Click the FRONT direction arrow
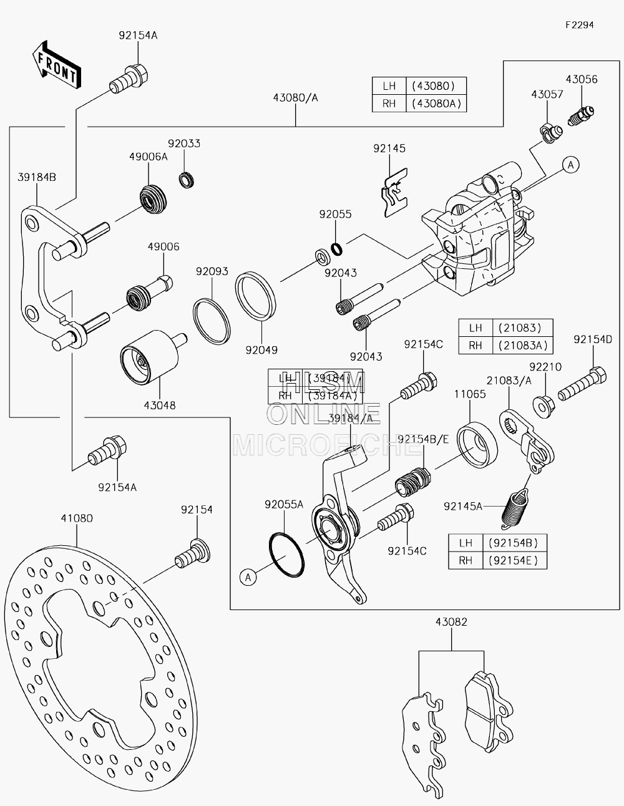coord(57,65)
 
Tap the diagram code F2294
coord(580,25)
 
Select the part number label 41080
coord(77,518)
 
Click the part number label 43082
coord(452,621)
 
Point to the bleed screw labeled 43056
coord(581,116)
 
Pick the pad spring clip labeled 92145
coord(395,193)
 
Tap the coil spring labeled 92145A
coord(514,509)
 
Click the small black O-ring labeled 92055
coord(336,249)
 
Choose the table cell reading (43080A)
coord(436,104)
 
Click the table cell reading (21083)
coord(523,328)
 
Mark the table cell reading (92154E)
coord(515,560)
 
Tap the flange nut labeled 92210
coord(544,406)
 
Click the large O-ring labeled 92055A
coord(286,555)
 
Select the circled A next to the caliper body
coord(570,165)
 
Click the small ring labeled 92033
coord(186,180)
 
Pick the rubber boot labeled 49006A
coord(154,199)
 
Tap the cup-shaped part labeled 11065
coord(477,445)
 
